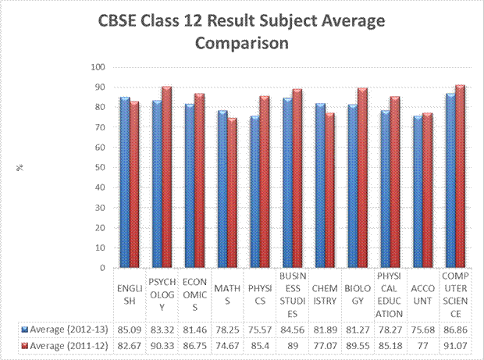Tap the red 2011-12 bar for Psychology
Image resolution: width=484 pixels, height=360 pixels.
click(x=166, y=176)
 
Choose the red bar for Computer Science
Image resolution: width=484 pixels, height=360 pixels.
click(x=461, y=176)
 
